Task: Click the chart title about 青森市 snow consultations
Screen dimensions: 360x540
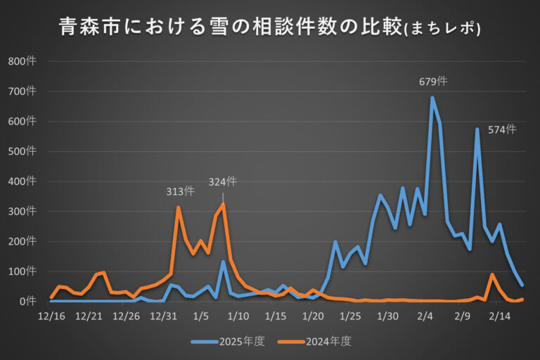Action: point(270,27)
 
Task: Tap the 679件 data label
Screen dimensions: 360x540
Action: point(433,82)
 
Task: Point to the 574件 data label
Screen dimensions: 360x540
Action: point(502,129)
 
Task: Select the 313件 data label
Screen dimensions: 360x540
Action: point(180,191)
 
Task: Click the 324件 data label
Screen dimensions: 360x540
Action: point(223,182)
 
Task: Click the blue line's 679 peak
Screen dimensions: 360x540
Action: point(432,98)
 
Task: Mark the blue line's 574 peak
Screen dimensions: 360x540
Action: point(477,129)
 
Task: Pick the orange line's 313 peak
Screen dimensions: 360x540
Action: point(178,207)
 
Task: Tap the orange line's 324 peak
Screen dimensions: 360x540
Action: point(223,205)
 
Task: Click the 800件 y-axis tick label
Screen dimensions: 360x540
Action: point(22,61)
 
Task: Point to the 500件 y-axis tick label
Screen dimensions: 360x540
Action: point(22,151)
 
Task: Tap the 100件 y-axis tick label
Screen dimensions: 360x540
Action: point(22,271)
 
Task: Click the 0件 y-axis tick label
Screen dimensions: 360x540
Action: point(27,301)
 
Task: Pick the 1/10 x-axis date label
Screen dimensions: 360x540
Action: point(238,316)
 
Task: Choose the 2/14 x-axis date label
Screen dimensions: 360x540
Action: point(500,316)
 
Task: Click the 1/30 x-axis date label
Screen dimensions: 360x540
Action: point(387,316)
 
